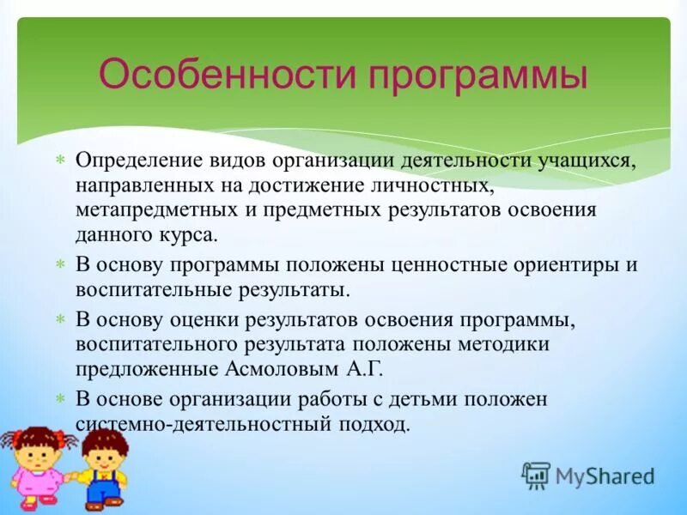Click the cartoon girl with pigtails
pyautogui.click(x=36, y=463)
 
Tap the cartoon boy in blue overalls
pyautogui.click(x=100, y=468)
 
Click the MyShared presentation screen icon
pyautogui.click(x=536, y=475)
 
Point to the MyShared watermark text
pyautogui.click(x=605, y=475)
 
